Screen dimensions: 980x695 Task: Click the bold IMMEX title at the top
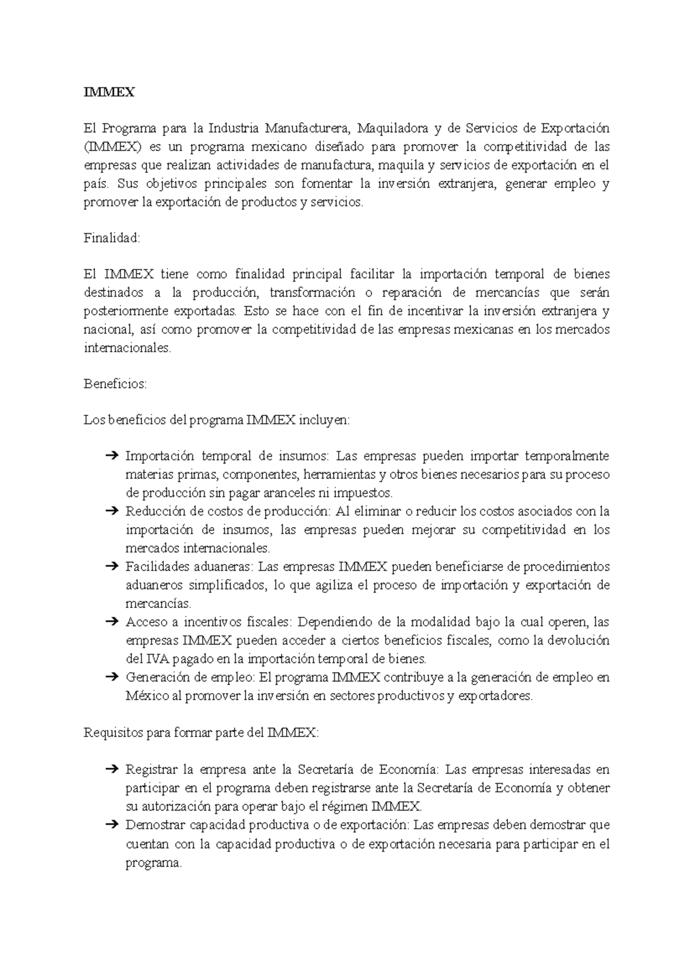click(x=109, y=92)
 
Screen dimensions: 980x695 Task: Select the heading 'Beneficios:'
click(x=116, y=384)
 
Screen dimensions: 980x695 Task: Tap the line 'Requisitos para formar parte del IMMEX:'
click(x=201, y=732)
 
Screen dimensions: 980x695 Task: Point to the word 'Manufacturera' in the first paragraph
click(x=307, y=128)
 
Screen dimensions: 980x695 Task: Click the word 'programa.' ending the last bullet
click(x=153, y=863)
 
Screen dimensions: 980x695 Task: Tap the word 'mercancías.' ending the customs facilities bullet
click(x=158, y=604)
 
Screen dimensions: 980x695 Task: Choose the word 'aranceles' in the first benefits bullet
click(x=288, y=493)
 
